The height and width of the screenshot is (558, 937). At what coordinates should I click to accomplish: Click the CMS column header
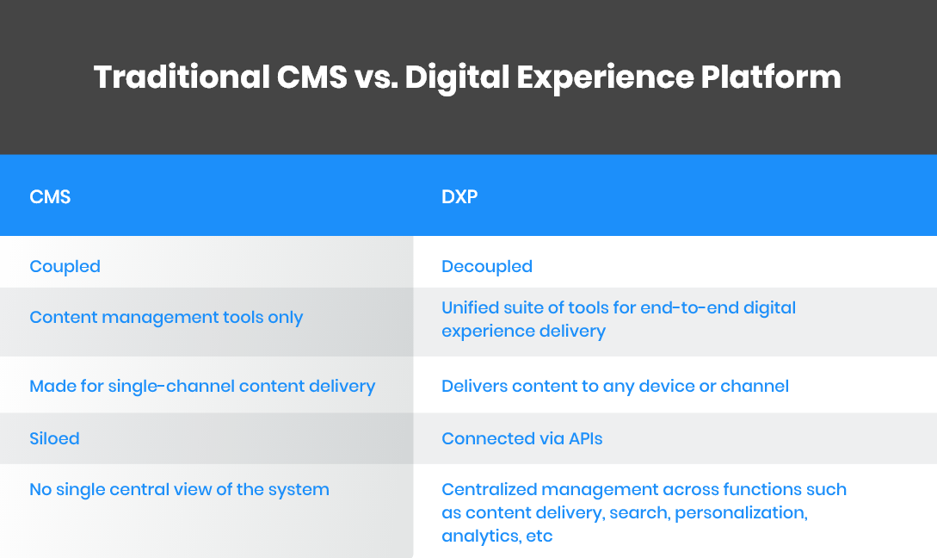50,197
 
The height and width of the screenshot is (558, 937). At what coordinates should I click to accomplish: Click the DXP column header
459,197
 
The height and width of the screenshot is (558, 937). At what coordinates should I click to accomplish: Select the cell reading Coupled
65,266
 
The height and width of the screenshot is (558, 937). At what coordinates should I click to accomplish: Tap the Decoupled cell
487,266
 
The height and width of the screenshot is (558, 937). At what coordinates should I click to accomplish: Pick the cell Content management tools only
166,317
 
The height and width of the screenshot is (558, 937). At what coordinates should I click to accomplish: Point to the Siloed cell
54,438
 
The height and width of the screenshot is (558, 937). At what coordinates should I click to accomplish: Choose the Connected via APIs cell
521,438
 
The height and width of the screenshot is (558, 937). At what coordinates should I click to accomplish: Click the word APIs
585,438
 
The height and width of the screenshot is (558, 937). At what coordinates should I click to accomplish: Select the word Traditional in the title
181,77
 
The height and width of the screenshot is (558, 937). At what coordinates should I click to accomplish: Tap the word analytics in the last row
478,536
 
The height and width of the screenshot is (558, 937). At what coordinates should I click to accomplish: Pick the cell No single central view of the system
179,489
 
